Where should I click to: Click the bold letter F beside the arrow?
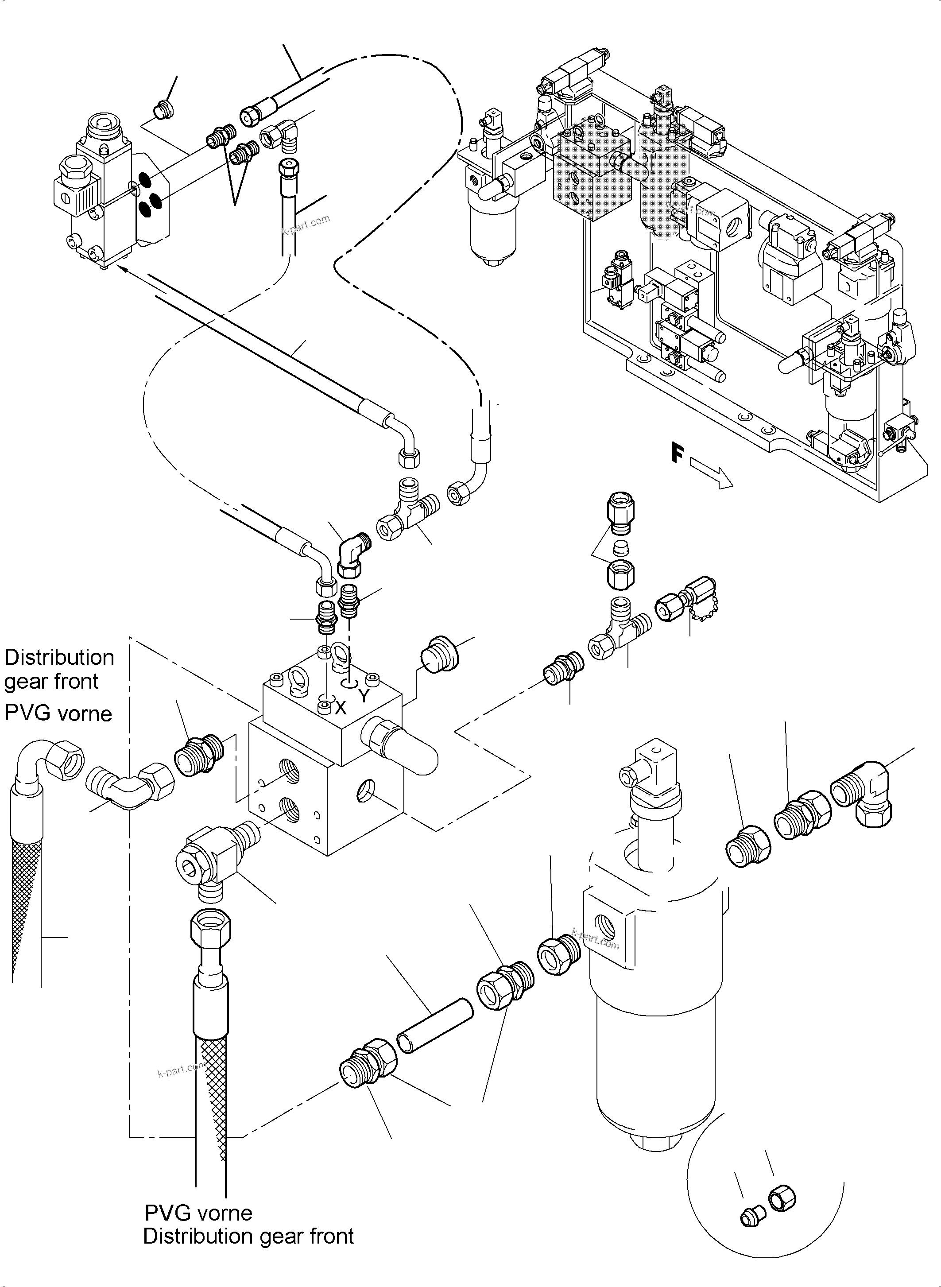(x=677, y=454)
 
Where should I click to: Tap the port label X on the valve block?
(x=341, y=708)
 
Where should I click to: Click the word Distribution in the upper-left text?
(x=59, y=658)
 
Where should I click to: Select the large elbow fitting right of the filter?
(x=862, y=792)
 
